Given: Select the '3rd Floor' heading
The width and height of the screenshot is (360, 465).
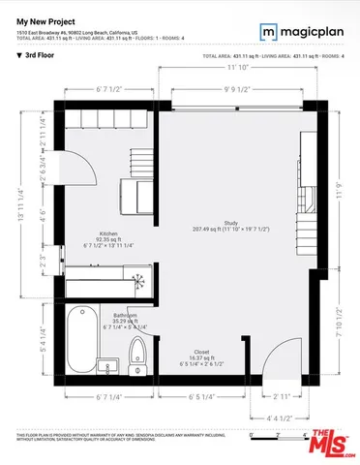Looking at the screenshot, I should pos(40,56).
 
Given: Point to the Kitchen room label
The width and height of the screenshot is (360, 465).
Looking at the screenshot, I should pos(108,234).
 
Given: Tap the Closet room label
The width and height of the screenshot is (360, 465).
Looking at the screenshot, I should pos(201,353).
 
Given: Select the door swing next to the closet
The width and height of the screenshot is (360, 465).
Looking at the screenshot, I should pos(278,358).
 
